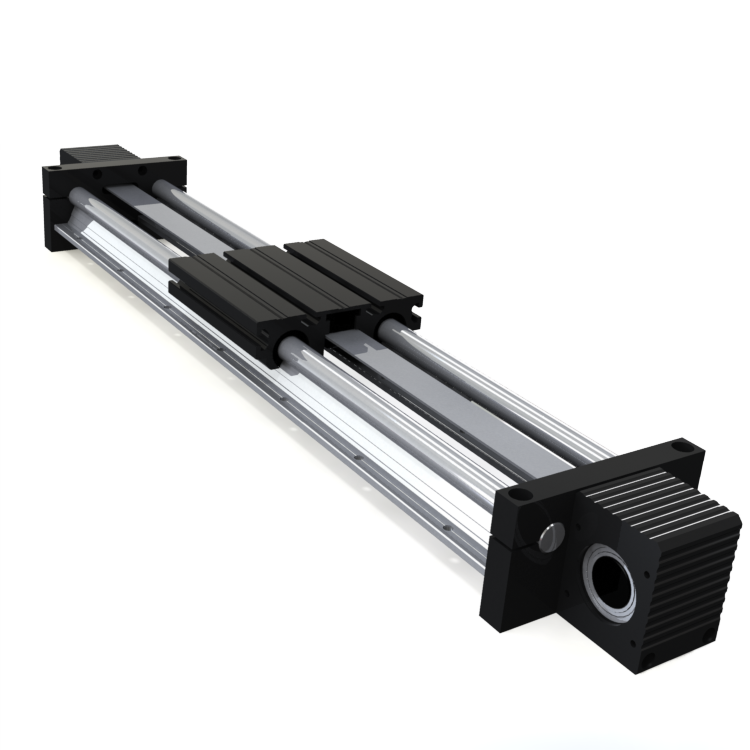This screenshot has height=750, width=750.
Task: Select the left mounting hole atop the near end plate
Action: (516, 493)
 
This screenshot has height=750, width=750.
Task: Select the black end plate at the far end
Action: (60, 205)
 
